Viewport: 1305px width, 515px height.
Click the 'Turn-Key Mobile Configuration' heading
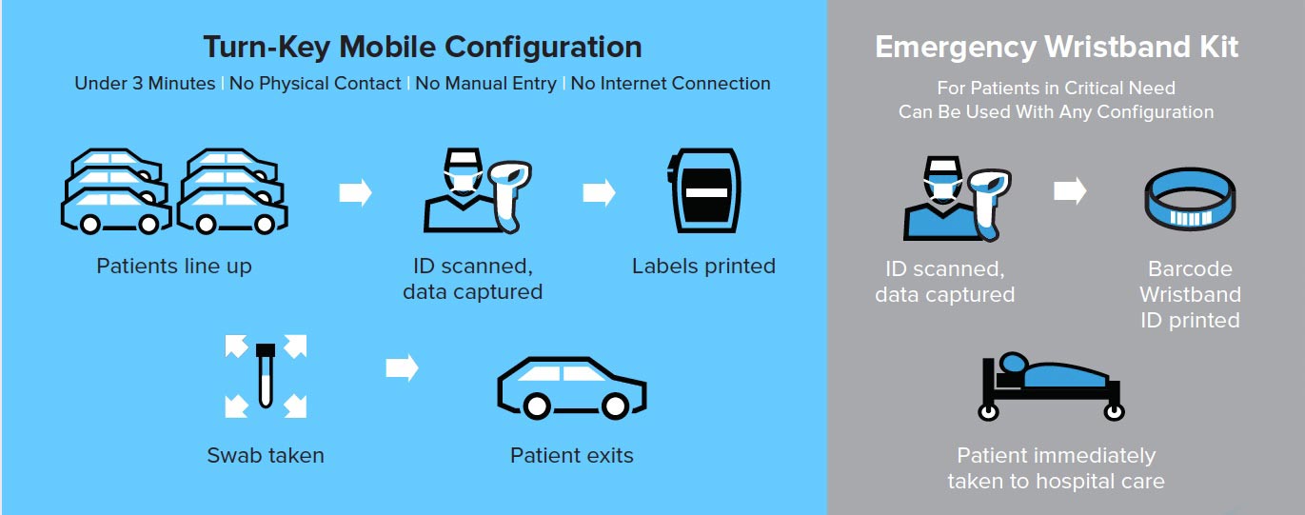pyautogui.click(x=423, y=48)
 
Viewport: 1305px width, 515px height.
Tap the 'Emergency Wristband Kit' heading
pyautogui.click(x=1057, y=48)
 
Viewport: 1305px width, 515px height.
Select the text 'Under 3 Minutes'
pyautogui.click(x=145, y=84)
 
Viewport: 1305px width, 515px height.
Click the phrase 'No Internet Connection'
pyautogui.click(x=670, y=84)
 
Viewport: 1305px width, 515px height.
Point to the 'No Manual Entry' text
pyautogui.click(x=485, y=84)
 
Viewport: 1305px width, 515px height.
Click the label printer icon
pyautogui.click(x=703, y=190)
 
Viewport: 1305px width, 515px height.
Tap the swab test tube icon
pyautogui.click(x=266, y=376)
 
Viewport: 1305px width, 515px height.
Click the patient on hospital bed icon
pyautogui.click(x=1051, y=386)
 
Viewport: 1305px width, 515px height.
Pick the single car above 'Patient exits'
pyautogui.click(x=571, y=387)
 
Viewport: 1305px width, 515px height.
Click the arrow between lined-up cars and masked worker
pyautogui.click(x=355, y=192)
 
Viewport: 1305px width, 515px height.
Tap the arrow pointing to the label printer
pyautogui.click(x=599, y=192)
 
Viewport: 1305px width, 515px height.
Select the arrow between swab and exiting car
pyautogui.click(x=402, y=367)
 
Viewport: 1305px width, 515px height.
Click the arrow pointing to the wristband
pyautogui.click(x=1070, y=190)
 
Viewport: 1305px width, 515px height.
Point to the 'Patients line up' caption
pyautogui.click(x=174, y=267)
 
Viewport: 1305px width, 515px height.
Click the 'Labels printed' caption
pyautogui.click(x=703, y=267)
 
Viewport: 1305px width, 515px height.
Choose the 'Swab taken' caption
pyautogui.click(x=266, y=455)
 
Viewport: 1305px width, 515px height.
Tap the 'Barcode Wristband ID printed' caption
pyautogui.click(x=1190, y=294)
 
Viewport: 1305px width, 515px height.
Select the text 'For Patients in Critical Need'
pyautogui.click(x=1057, y=88)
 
